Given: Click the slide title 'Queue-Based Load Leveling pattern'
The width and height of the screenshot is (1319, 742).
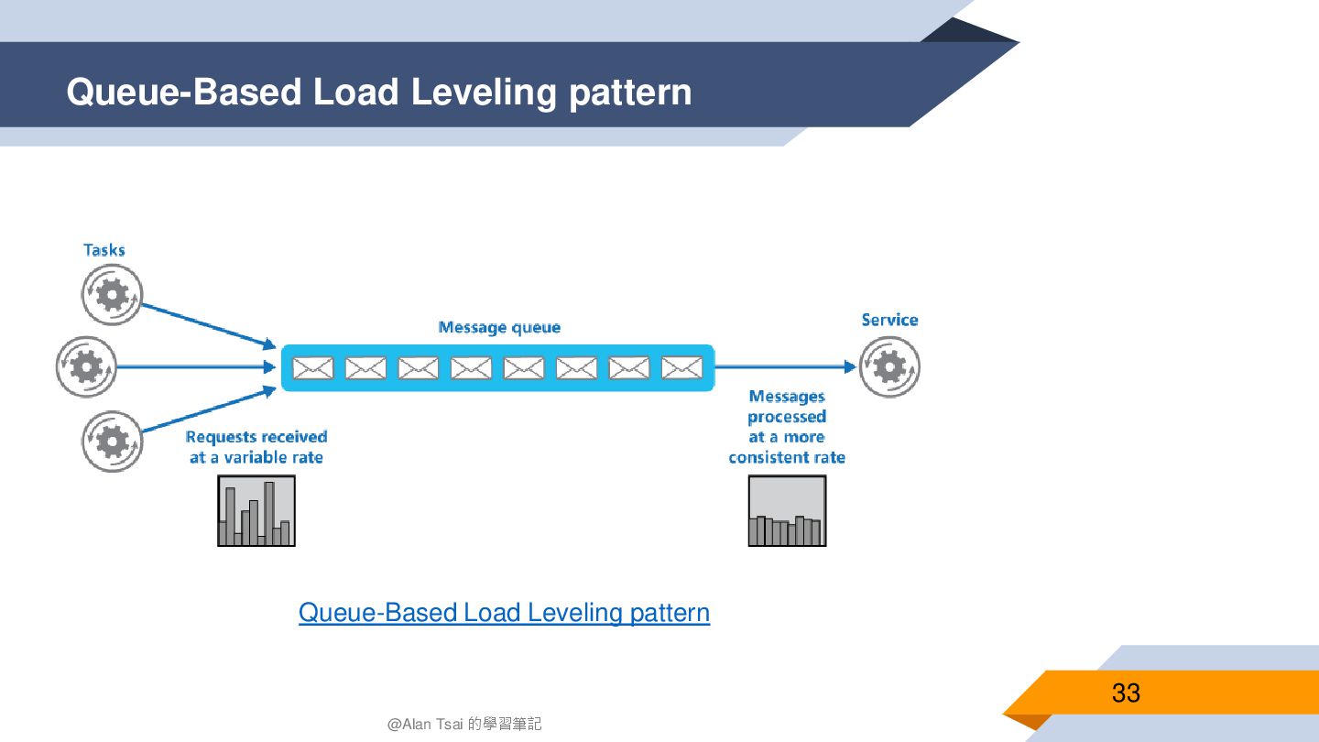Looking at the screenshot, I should (x=378, y=93).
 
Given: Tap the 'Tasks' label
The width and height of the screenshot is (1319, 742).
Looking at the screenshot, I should (x=104, y=250).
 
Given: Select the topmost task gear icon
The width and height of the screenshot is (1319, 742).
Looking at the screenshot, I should (x=112, y=295).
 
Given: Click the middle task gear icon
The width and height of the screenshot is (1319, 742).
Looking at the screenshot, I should (x=86, y=367).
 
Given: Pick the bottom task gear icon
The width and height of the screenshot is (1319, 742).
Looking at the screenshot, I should (x=112, y=442).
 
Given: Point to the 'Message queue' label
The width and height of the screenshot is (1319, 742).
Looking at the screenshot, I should (x=499, y=327).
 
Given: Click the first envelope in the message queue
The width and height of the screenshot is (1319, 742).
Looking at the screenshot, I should (x=313, y=368).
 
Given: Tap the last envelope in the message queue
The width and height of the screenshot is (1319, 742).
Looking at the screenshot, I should (x=681, y=368).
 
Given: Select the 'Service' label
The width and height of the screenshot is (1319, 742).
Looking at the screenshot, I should (x=889, y=320).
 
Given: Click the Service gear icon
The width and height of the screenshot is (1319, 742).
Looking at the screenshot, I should (x=888, y=367).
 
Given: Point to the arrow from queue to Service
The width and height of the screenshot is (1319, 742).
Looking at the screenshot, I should (x=784, y=367).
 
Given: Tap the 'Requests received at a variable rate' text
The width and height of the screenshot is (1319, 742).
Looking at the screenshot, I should (x=256, y=447).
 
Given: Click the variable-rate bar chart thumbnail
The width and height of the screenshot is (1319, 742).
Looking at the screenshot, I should (x=256, y=511).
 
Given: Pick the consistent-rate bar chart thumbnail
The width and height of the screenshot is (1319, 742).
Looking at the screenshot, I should (x=787, y=511).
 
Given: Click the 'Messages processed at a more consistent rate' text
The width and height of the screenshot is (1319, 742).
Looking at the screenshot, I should (x=787, y=427).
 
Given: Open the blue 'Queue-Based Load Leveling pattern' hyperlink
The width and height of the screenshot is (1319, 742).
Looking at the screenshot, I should (x=504, y=613).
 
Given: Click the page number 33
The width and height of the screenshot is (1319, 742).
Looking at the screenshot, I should (x=1126, y=693).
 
